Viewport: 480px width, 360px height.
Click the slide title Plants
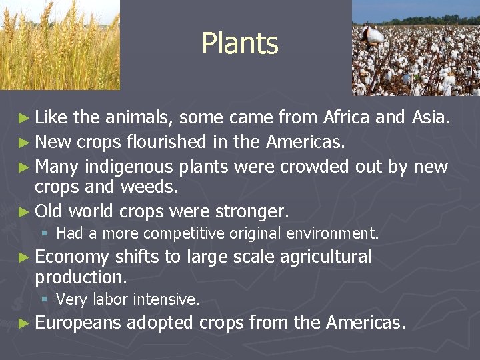[240, 44]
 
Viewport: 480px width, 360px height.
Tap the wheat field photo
[60, 45]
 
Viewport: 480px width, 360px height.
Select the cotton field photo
[415, 47]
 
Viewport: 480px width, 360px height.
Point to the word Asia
[431, 118]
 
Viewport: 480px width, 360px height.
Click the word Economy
[72, 257]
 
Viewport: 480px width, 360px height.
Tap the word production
[81, 277]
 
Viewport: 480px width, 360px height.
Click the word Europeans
[78, 323]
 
